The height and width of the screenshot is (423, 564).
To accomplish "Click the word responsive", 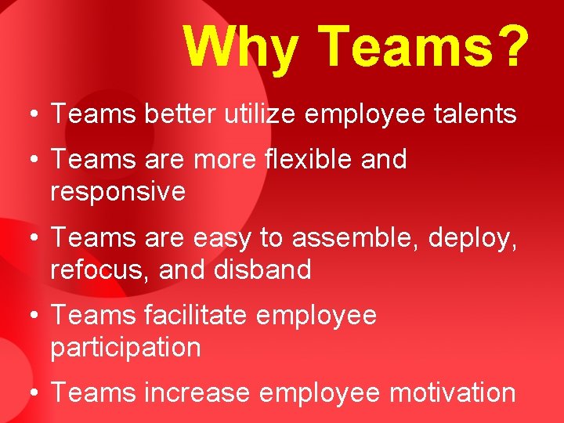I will click(117, 192).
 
